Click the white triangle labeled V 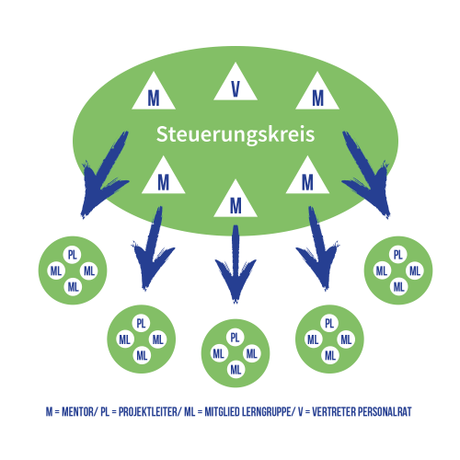(236, 85)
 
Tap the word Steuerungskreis (236, 134)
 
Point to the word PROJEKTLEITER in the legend (148, 411)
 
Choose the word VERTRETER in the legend (334, 411)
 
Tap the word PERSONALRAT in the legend (385, 411)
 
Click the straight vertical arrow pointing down (236, 264)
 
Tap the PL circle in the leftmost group (73, 255)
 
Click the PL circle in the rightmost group (398, 255)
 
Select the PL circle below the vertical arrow (236, 338)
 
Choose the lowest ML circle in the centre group (236, 370)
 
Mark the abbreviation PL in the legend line (105, 411)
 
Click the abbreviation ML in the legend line (190, 411)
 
